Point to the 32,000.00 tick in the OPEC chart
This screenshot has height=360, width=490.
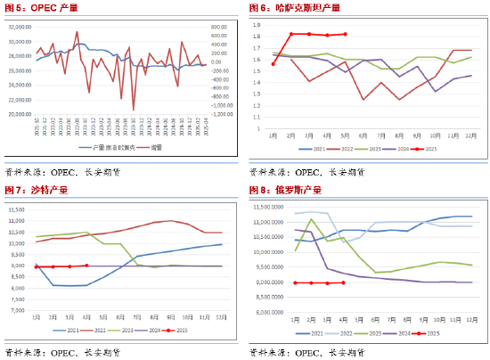(x=20, y=28)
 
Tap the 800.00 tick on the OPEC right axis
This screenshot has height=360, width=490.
(x=222, y=28)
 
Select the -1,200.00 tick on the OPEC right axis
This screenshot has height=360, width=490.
(x=220, y=114)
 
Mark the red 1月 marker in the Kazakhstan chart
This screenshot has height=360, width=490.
(x=273, y=63)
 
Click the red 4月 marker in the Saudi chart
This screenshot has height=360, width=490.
(x=86, y=266)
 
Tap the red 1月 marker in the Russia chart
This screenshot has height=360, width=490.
(x=296, y=282)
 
